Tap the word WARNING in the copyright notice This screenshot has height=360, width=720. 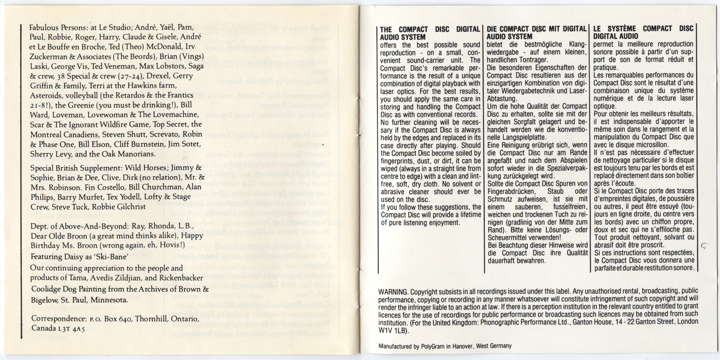click(x=393, y=291)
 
